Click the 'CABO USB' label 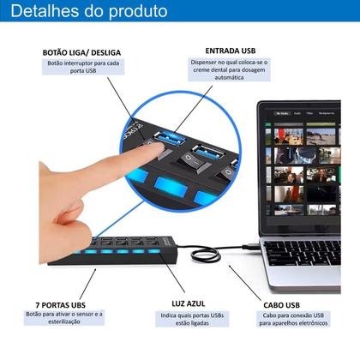(x=283, y=304)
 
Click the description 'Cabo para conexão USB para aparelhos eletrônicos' (x=283, y=321)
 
